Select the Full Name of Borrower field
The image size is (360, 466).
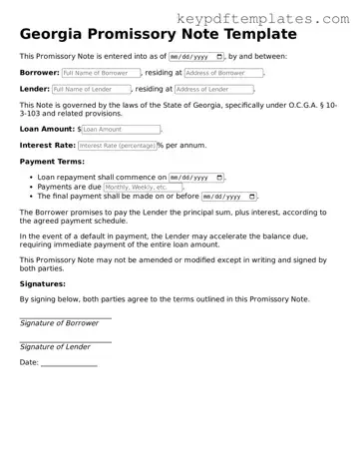(100, 73)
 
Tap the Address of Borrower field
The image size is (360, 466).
(223, 73)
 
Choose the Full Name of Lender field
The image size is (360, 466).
(92, 89)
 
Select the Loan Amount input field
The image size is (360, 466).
(120, 129)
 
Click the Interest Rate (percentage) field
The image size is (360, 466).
(116, 145)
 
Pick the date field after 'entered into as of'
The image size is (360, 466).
(196, 57)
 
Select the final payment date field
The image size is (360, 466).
(228, 197)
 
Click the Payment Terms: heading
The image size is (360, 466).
(52, 162)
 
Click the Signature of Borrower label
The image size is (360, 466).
(60, 323)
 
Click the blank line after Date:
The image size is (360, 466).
(69, 363)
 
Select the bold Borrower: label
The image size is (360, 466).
(39, 73)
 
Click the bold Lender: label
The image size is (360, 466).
(35, 89)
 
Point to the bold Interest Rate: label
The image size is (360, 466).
(46, 145)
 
